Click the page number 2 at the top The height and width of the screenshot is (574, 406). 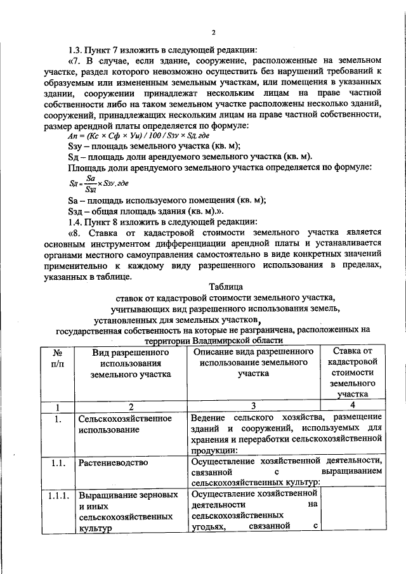(214, 33)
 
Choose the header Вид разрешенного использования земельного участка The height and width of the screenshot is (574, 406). (131, 363)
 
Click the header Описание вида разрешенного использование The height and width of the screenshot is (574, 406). (253, 363)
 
